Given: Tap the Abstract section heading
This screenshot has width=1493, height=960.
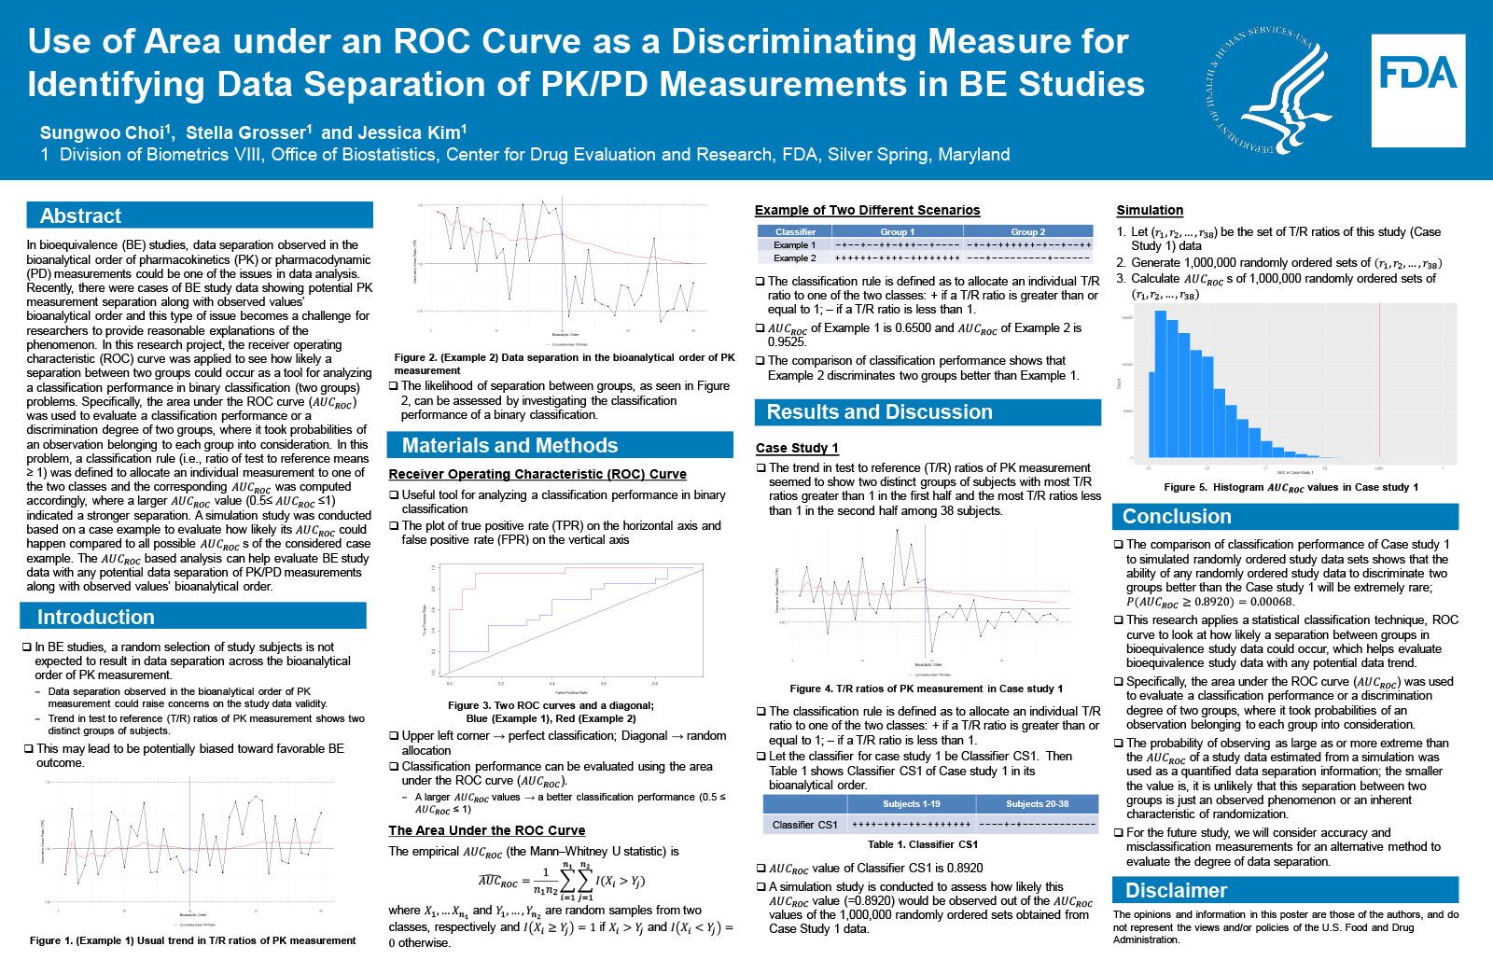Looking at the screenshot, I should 81,216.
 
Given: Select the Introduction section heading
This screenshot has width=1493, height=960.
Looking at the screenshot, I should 95,617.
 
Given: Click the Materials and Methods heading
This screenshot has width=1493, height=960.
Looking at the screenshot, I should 509,445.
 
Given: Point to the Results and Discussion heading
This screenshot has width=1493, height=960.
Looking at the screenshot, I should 879,411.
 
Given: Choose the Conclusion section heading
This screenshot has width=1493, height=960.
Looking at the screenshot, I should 1177,516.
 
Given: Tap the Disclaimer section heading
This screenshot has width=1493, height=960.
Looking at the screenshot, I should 1176,890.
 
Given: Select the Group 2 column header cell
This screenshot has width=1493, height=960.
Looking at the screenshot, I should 1027,231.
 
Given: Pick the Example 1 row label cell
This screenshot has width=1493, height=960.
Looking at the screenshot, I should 794,244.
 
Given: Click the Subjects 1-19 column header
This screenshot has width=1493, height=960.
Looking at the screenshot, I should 911,803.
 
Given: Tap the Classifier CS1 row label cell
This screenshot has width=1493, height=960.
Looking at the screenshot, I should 804,825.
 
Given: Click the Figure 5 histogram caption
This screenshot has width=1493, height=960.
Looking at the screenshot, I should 1291,487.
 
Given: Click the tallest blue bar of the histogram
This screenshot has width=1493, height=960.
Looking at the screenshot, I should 1161,383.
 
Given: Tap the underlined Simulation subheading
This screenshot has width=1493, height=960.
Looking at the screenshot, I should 1150,210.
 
